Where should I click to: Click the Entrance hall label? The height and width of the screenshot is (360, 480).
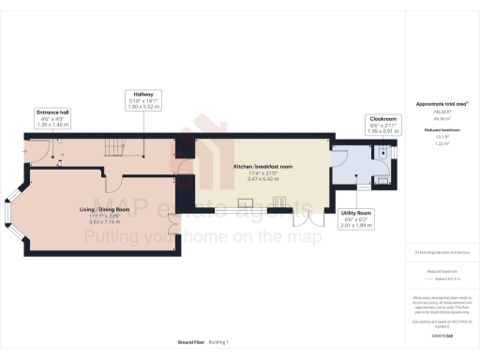(x=52, y=111)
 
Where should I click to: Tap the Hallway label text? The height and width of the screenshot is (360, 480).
(x=143, y=95)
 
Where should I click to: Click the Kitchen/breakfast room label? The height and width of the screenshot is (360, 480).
(x=262, y=166)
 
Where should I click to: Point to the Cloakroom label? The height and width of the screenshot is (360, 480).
(x=381, y=118)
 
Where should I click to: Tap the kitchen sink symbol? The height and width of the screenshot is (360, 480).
(x=247, y=202)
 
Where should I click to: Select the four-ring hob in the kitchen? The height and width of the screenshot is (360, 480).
(x=278, y=202)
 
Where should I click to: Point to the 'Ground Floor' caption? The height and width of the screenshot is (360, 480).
(x=190, y=342)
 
